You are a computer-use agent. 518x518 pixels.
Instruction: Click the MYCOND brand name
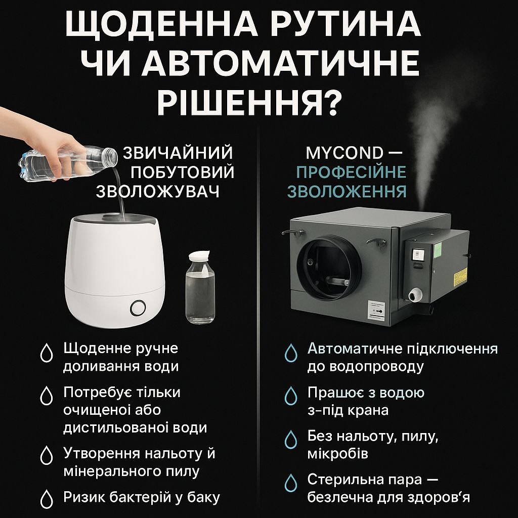click(344, 153)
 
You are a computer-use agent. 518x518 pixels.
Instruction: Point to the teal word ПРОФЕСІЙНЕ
click(351, 172)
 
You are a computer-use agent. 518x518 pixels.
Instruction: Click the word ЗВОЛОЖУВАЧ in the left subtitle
click(158, 191)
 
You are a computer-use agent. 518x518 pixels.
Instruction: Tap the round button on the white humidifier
click(138, 308)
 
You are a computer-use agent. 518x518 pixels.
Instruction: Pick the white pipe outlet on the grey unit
click(415, 294)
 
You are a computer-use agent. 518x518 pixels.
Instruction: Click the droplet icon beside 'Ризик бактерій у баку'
click(47, 499)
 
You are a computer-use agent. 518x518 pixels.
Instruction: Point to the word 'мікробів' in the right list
click(337, 454)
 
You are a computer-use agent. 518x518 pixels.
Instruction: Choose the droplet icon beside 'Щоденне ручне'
click(47, 353)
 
